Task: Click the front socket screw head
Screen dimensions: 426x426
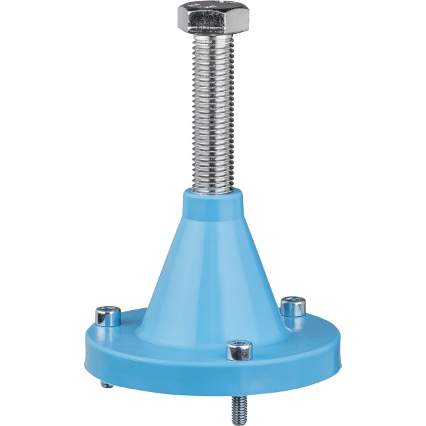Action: point(239,350)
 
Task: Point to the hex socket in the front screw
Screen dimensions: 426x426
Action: point(239,346)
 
